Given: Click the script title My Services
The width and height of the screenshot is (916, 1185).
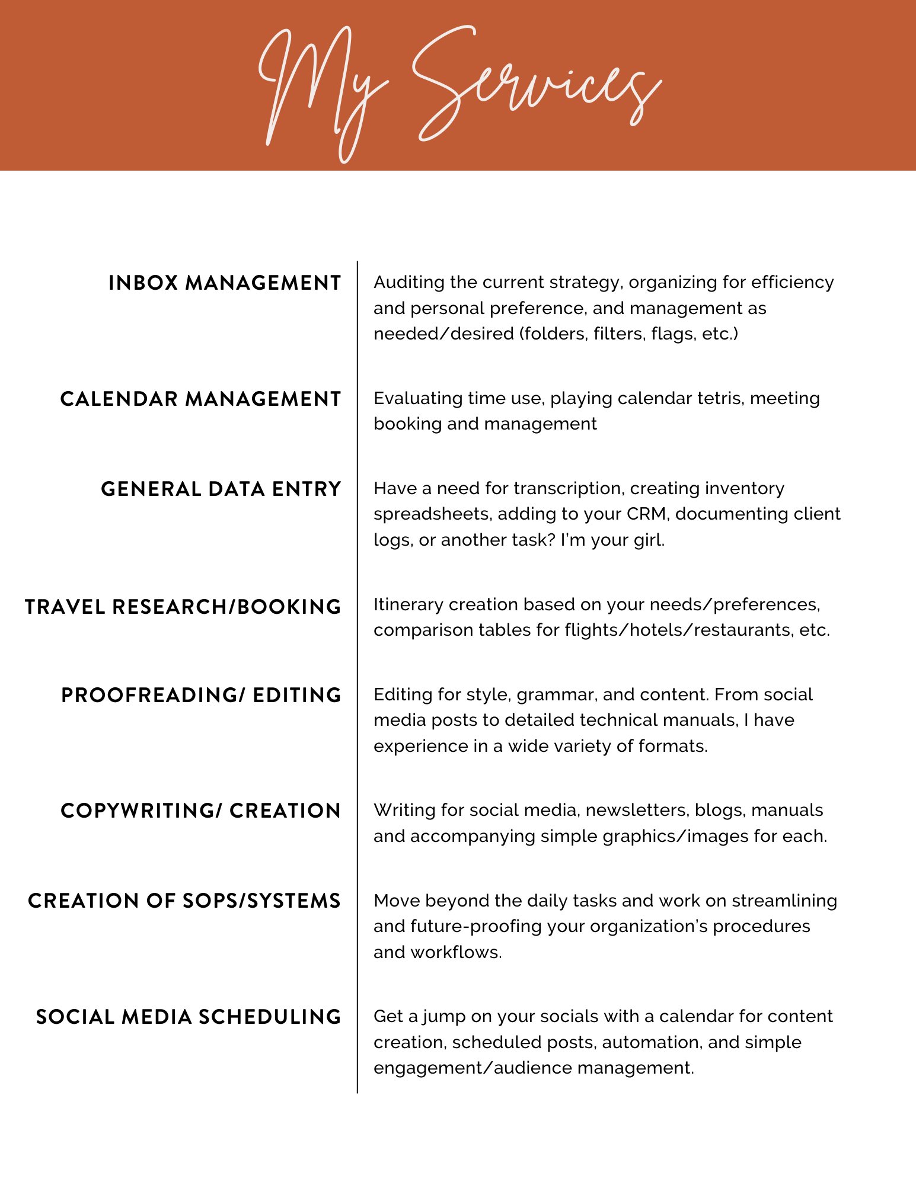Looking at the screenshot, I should coord(459,89).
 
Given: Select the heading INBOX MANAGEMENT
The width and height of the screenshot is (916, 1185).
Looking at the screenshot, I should coord(225,283).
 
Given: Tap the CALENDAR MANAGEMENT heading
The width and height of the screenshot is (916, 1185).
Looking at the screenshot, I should coord(200,399).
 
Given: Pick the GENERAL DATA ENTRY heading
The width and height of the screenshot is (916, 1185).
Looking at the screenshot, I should coord(221,489).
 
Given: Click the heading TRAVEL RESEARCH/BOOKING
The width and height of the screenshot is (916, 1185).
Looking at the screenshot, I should coord(183,607).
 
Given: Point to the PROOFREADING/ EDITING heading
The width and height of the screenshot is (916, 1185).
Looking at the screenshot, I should coord(201,696).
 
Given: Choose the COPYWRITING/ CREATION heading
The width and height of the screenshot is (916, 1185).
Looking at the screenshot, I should coord(201,811).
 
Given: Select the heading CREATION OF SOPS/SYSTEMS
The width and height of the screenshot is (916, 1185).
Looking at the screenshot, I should coord(184,901).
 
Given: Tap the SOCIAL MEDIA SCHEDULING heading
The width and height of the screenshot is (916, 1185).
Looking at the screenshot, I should coord(189,1017).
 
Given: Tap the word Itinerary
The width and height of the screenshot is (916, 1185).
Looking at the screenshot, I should coord(408,604).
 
